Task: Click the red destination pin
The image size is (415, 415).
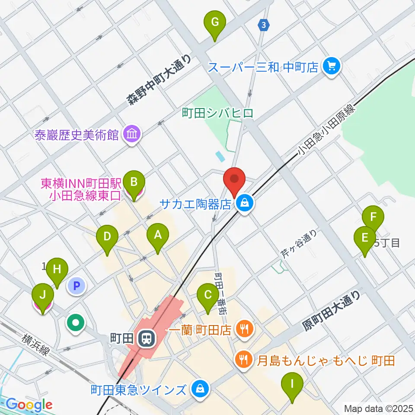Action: click(234, 179)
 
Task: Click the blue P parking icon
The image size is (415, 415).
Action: click(77, 286)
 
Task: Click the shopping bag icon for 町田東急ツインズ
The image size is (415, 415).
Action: click(200, 389)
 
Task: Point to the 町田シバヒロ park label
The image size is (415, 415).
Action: click(217, 113)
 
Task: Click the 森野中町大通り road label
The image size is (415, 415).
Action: click(159, 81)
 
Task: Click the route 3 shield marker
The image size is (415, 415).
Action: click(263, 26)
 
